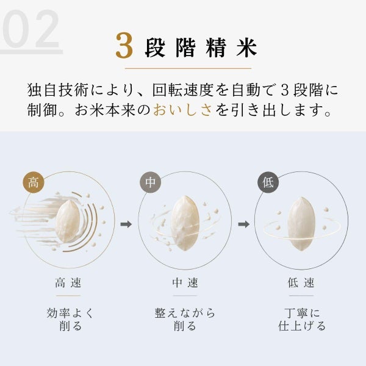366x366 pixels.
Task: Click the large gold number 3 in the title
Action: coord(124,45)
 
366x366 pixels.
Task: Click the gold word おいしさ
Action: coord(183,110)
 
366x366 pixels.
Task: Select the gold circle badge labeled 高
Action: coord(34,182)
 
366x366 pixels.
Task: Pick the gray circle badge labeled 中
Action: coord(150,182)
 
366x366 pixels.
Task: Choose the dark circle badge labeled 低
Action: coord(268,182)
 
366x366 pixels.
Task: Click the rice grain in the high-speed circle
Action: coord(68,221)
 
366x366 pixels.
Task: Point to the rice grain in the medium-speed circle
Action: coord(185,223)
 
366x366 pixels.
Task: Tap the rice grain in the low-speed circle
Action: coord(301,223)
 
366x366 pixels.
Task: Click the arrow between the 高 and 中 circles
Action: coord(126,224)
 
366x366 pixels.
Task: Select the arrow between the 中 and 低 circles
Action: coord(243,224)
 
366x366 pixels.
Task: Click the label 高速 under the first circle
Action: coord(68,282)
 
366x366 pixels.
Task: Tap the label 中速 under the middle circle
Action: coord(185,282)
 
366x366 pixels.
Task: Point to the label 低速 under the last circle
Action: coord(301,282)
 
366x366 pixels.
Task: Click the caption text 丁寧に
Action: coord(301,313)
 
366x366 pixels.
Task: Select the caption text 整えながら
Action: coord(185,313)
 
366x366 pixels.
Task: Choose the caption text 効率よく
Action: coord(70,313)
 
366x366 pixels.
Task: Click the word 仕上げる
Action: coord(301,326)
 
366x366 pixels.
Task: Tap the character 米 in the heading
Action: coord(246,48)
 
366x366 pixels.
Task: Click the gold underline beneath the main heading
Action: coord(188,68)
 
